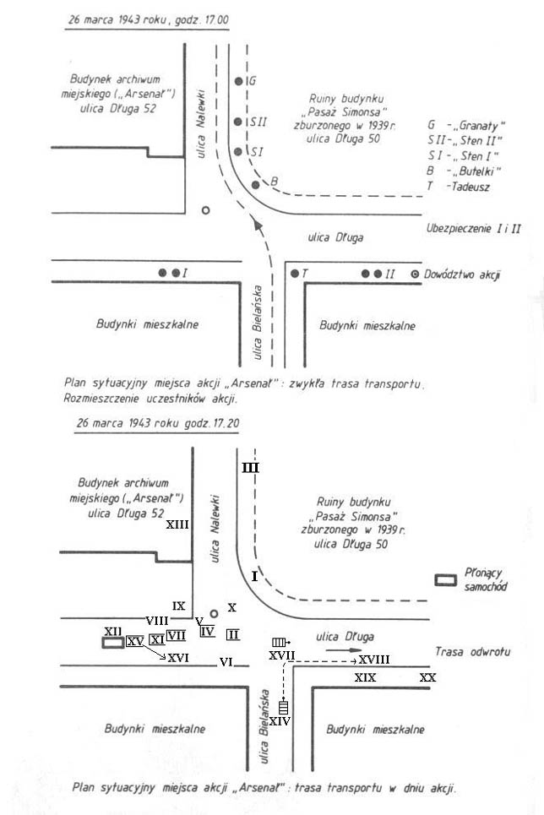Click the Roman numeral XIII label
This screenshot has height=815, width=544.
pyautogui.click(x=177, y=524)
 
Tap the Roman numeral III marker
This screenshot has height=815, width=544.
pyautogui.click(x=251, y=467)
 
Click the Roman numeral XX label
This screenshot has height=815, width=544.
pyautogui.click(x=428, y=677)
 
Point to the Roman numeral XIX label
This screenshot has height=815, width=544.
pyautogui.click(x=365, y=677)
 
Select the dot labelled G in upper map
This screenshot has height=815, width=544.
pyautogui.click(x=239, y=82)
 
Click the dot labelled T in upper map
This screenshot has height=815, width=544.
pyautogui.click(x=295, y=274)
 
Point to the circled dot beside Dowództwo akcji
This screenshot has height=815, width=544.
pyautogui.click(x=415, y=274)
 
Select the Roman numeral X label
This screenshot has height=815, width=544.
pyautogui.click(x=232, y=607)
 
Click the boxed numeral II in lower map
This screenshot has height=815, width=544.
pyautogui.click(x=233, y=633)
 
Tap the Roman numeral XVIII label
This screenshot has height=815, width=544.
pyautogui.click(x=373, y=659)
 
